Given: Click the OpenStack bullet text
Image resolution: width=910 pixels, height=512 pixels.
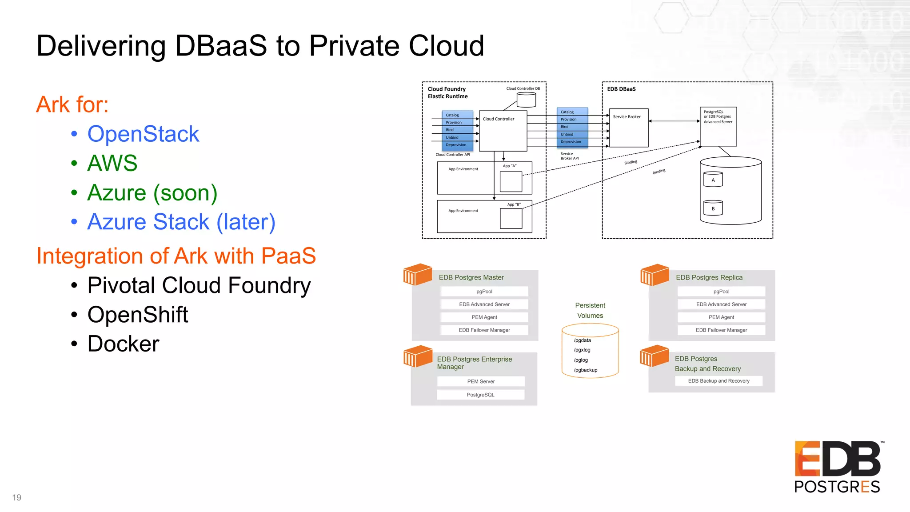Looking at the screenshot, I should pyautogui.click(x=143, y=134).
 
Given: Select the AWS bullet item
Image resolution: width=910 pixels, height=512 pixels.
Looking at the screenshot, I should pyautogui.click(x=112, y=163).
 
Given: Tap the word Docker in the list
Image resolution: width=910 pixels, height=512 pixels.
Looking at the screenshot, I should pyautogui.click(x=123, y=344).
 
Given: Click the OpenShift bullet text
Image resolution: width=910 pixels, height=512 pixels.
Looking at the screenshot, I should pyautogui.click(x=138, y=315).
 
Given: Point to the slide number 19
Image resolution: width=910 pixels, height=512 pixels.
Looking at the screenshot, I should pyautogui.click(x=17, y=497).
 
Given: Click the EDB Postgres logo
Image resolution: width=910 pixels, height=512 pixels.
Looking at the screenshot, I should pyautogui.click(x=838, y=467).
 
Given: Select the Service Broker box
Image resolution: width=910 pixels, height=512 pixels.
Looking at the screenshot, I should pyautogui.click(x=628, y=128).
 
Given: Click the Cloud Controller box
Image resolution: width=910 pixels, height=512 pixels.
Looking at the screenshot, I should pyautogui.click(x=503, y=131).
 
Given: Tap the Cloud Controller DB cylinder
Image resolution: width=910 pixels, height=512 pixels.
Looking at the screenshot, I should pyautogui.click(x=526, y=100).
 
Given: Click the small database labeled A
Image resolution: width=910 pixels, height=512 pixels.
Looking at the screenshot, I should pyautogui.click(x=713, y=180).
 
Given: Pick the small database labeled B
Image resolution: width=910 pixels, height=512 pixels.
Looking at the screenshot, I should pyautogui.click(x=713, y=208).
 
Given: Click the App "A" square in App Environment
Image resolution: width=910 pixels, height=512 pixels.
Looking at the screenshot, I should pyautogui.click(x=511, y=181).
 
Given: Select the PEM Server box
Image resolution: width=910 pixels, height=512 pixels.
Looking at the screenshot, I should pyautogui.click(x=481, y=381).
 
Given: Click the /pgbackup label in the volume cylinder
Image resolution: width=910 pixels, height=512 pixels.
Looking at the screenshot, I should pyautogui.click(x=586, y=370).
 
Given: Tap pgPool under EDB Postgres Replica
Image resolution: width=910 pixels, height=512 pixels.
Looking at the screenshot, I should pyautogui.click(x=721, y=292).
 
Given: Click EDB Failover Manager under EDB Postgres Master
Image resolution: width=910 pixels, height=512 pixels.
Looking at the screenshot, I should pyautogui.click(x=484, y=330).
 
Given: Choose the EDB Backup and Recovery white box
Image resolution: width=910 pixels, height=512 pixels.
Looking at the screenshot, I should pyautogui.click(x=718, y=381).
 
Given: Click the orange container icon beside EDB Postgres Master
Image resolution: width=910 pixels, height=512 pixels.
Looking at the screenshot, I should pyautogui.click(x=417, y=274).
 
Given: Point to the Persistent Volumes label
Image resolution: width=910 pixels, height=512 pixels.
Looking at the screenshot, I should pyautogui.click(x=590, y=310).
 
